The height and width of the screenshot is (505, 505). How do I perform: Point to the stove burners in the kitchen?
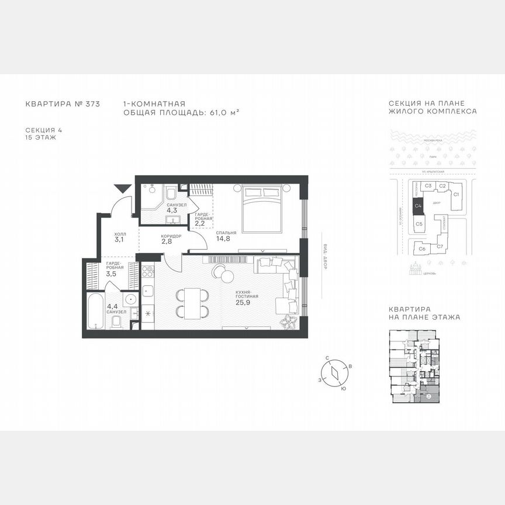coord(148,273)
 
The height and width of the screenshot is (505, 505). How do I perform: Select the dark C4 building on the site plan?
coord(418,205)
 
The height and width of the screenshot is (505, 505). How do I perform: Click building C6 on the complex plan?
coord(421,249)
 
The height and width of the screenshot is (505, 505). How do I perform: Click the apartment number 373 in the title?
coord(91,103)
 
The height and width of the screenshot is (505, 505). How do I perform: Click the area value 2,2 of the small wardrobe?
coord(199,223)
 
